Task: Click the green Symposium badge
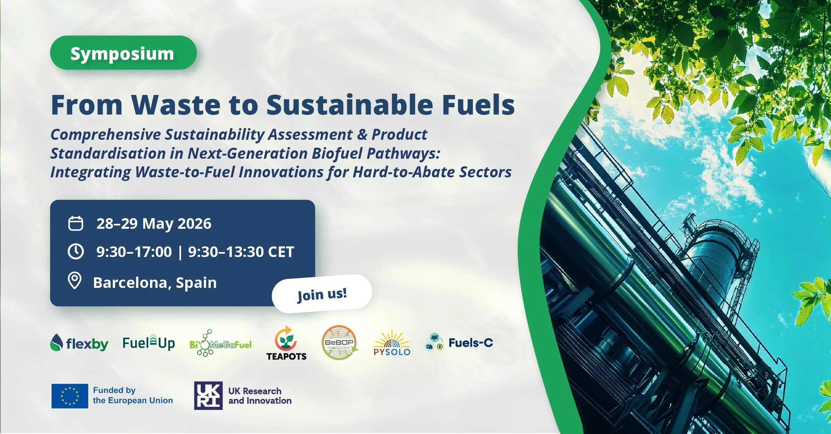[123, 53]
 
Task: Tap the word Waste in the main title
[176, 105]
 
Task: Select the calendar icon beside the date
[76, 223]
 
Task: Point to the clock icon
[76, 252]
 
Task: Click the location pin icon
[75, 281]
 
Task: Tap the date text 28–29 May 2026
[154, 224]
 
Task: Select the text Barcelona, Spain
[155, 283]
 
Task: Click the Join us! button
[322, 294]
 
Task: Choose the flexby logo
[79, 343]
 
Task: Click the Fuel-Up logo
[149, 343]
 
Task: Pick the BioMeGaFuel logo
[220, 344]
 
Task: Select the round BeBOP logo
[339, 343]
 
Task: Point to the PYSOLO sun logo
[392, 344]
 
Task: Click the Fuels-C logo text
[471, 343]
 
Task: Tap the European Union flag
[70, 396]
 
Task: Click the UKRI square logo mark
[208, 395]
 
